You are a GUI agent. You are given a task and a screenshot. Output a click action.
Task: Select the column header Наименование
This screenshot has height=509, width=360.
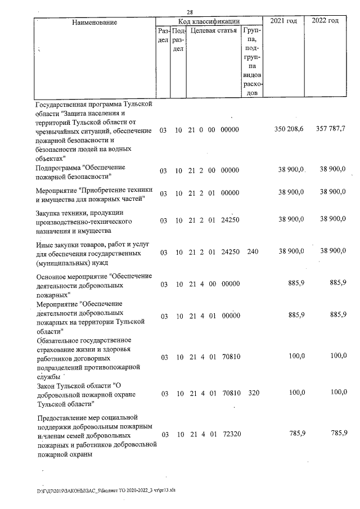[x=94, y=22]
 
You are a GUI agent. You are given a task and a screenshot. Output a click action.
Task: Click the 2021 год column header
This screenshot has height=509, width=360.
[x=283, y=21]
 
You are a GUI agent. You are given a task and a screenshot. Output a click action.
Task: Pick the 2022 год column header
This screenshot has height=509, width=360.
[x=325, y=21]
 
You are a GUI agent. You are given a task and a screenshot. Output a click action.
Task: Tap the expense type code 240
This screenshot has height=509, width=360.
[x=253, y=252]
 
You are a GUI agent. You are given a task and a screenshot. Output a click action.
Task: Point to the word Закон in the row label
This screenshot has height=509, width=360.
[x=46, y=385]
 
